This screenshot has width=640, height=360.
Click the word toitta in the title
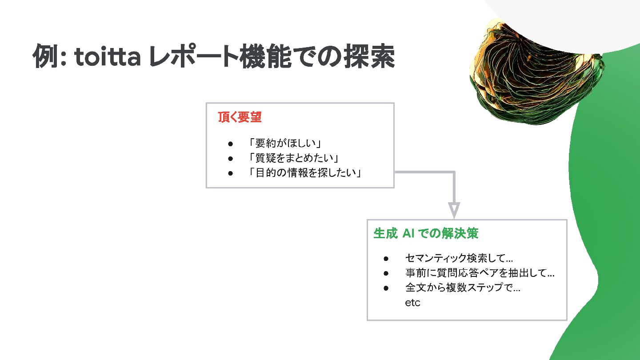(x=107, y=57)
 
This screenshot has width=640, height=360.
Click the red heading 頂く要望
(x=240, y=117)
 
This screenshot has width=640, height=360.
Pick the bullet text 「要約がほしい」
(x=285, y=143)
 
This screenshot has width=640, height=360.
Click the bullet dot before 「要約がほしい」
(x=230, y=144)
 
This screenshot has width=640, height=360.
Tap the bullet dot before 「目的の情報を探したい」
(x=230, y=173)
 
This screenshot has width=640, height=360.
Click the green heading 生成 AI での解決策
(x=426, y=233)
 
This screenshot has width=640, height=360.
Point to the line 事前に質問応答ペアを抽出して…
(x=480, y=273)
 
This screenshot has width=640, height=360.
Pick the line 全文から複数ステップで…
(x=463, y=288)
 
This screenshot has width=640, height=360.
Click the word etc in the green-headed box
(x=412, y=303)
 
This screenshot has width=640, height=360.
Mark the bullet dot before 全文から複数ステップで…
(x=386, y=288)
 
